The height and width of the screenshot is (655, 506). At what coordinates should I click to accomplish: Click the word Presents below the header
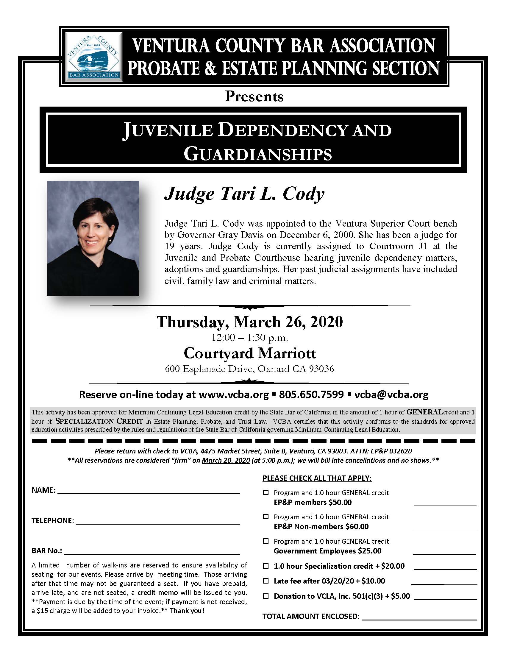pos(254,96)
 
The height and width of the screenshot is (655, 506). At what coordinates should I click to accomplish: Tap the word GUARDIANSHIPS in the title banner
pos(258,154)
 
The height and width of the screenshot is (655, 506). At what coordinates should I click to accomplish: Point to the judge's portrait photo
pos(93,238)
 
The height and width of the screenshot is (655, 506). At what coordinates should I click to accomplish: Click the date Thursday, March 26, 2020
pos(250,322)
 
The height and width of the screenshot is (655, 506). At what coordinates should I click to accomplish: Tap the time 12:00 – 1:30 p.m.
pos(250,338)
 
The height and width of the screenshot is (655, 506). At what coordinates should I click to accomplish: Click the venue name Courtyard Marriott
pos(250,353)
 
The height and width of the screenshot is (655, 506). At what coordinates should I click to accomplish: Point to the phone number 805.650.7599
pos(311,394)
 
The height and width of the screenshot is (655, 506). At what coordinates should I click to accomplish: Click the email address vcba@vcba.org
pos(391,394)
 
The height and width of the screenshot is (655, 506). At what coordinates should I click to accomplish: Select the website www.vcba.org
pos(234,394)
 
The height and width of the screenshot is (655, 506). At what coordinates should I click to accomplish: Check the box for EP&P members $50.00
pos(266,492)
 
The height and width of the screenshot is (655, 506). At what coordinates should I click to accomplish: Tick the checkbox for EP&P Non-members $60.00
pos(266,517)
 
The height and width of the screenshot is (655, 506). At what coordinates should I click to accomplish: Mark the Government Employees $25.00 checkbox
pos(266,541)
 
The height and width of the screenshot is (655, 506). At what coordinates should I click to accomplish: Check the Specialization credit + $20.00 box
pos(266,566)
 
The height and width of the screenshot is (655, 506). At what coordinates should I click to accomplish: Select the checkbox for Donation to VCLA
pos(266,596)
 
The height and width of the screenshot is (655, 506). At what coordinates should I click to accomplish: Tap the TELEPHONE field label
pos(52,521)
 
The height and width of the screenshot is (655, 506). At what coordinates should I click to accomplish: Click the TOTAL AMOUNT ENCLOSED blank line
pos(419,617)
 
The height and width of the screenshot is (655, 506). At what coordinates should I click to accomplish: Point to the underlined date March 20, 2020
pos(226,460)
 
